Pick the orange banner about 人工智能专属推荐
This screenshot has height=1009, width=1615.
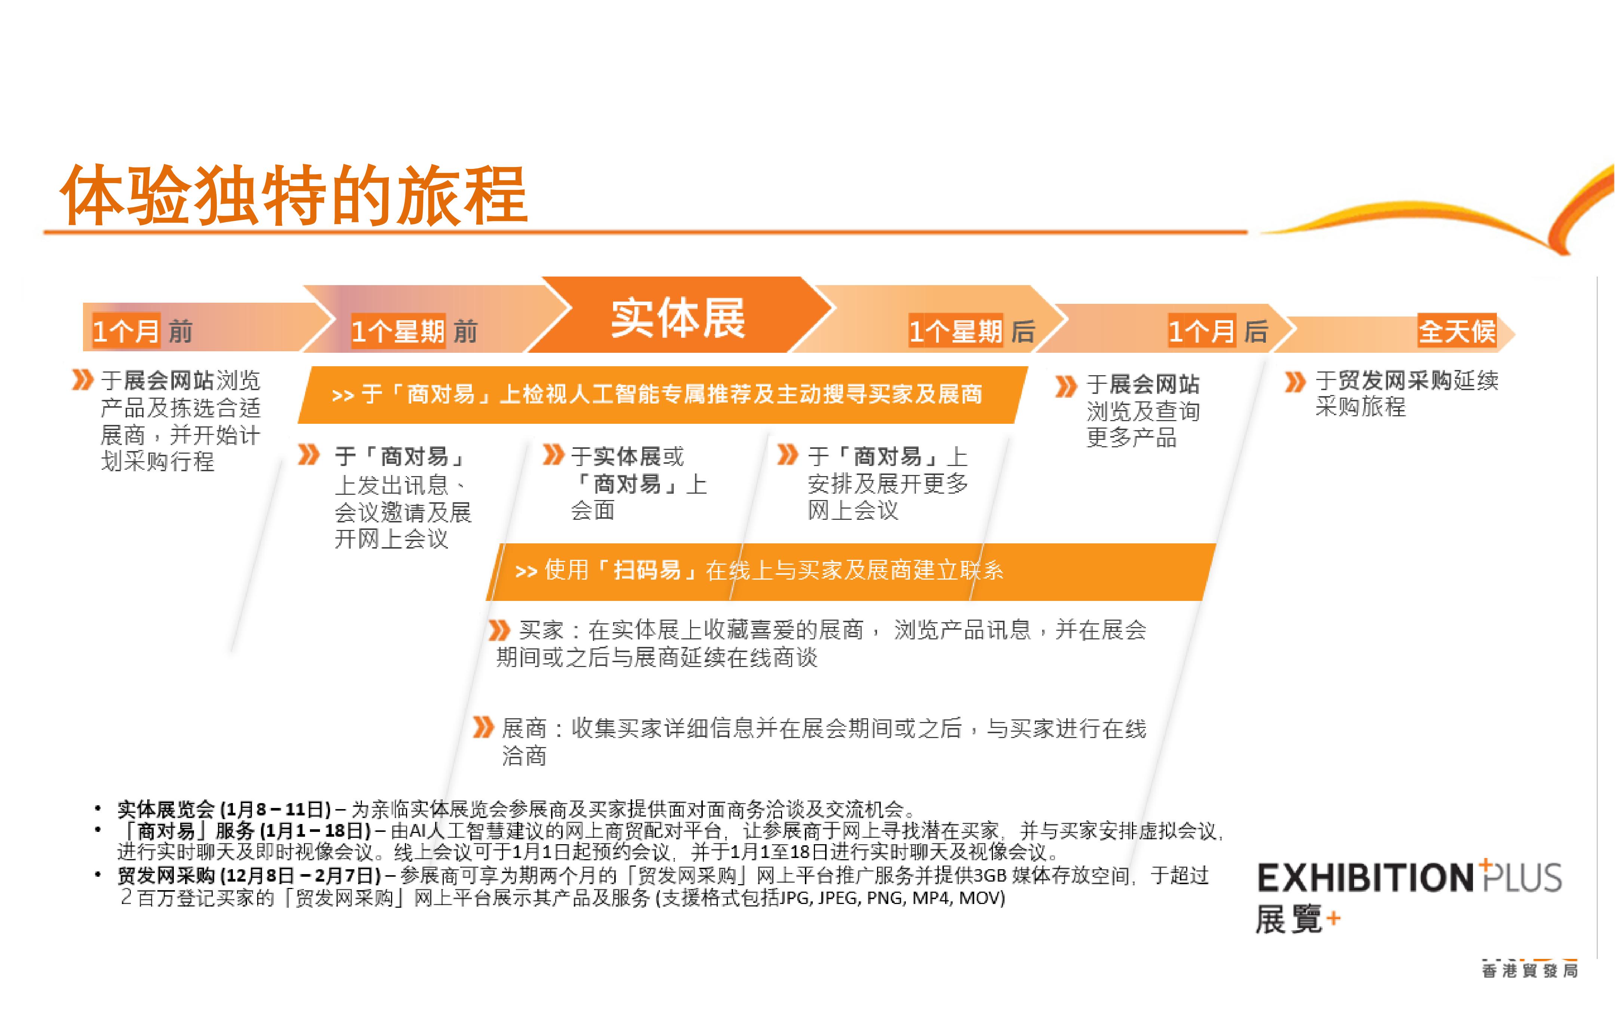click(x=663, y=394)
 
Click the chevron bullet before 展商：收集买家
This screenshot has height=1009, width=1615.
click(x=483, y=727)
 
